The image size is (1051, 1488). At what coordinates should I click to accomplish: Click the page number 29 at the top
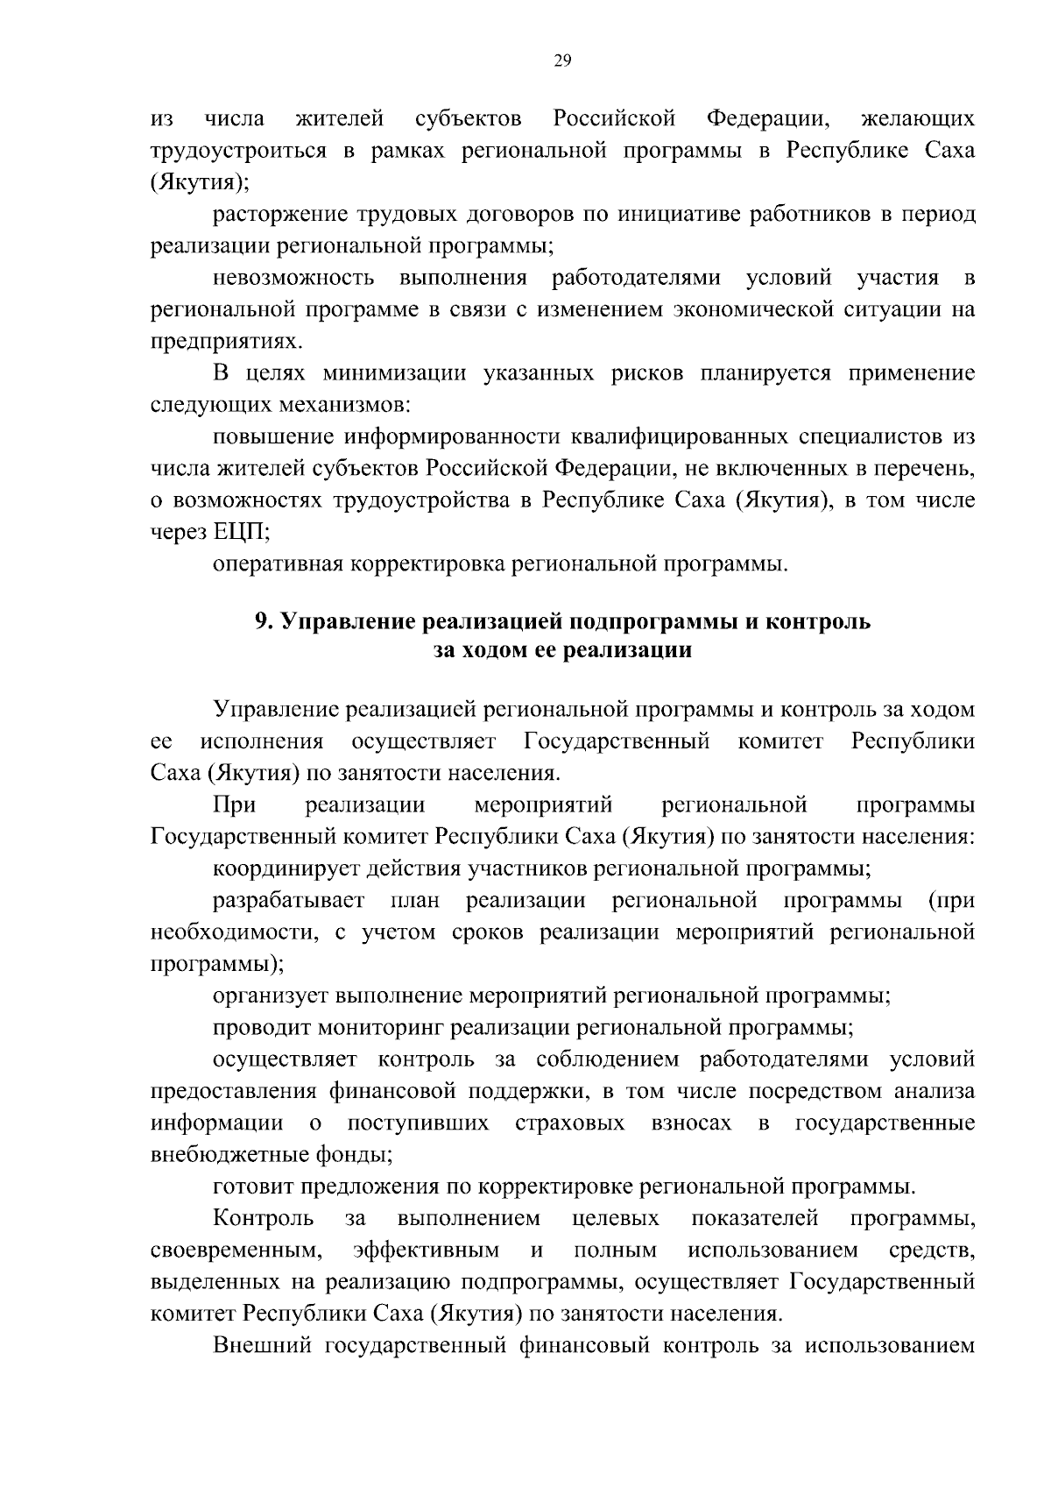pyautogui.click(x=562, y=60)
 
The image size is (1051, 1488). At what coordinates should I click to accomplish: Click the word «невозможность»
pyautogui.click(x=293, y=279)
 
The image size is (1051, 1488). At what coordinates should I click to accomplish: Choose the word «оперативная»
pyautogui.click(x=276, y=564)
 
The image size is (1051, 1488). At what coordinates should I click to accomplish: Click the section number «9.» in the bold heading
pyautogui.click(x=264, y=623)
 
